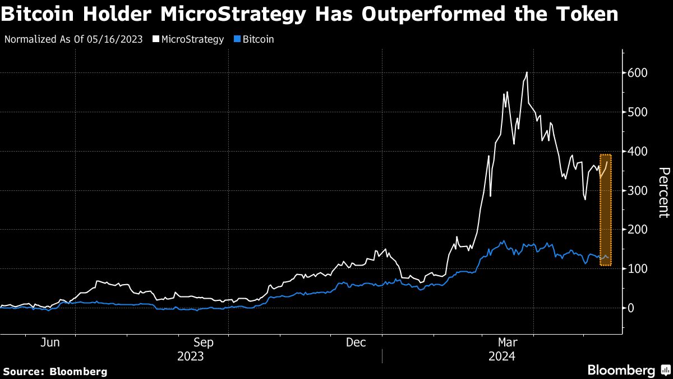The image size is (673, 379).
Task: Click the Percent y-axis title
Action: click(664, 192)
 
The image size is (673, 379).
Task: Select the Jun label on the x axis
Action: click(50, 342)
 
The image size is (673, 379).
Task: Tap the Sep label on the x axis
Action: click(203, 342)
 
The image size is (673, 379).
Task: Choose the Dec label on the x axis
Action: click(357, 342)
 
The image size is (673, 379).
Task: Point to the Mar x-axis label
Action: click(508, 342)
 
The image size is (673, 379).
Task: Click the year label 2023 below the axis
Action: click(191, 356)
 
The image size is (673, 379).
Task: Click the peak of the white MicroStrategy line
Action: click(527, 72)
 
